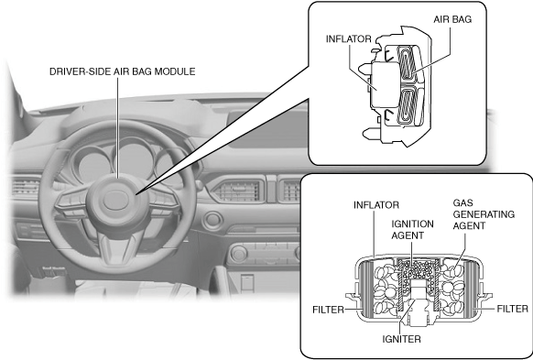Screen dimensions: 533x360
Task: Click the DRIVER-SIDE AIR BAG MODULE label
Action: [x=123, y=71]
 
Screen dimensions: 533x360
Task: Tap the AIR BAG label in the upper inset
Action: [x=452, y=19]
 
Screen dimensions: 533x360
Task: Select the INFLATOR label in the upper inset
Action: [x=348, y=39]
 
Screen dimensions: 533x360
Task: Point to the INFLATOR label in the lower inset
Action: [x=376, y=205]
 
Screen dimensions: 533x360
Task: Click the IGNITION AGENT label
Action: [x=412, y=229]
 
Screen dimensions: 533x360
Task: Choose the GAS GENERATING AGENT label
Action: [x=484, y=214]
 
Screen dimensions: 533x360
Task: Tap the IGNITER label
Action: [x=401, y=339]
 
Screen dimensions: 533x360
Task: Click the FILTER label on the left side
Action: [x=328, y=310]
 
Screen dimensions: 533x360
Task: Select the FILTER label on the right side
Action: [x=513, y=309]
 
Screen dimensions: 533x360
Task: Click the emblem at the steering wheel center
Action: [x=115, y=201]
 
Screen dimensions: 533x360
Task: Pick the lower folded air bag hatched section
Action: [x=408, y=105]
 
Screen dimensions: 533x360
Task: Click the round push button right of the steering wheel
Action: [x=213, y=220]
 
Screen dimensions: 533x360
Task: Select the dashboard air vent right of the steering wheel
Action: [x=237, y=191]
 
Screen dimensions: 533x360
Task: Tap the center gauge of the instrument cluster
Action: [x=134, y=159]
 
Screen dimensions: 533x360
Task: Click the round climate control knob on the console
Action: [x=239, y=253]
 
